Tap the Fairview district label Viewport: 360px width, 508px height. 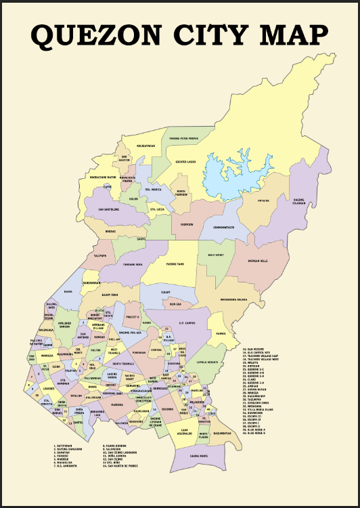[187, 224]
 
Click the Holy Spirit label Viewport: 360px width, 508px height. [216, 255]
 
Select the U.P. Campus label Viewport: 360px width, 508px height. [194, 322]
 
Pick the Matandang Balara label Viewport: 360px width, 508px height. [233, 299]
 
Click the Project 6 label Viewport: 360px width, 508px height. [133, 317]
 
